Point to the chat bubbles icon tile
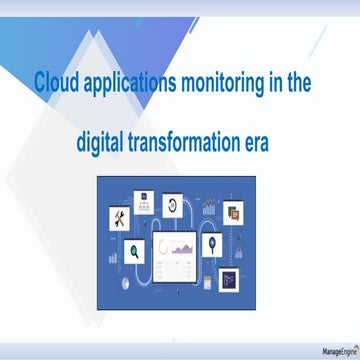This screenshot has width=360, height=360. (233, 211)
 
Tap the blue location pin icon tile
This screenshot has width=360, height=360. (211, 243)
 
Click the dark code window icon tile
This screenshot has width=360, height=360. (230, 278)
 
